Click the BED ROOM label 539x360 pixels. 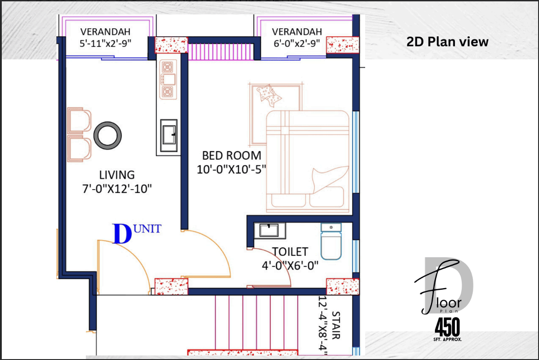pyautogui.click(x=232, y=156)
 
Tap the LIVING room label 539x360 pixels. pyautogui.click(x=117, y=175)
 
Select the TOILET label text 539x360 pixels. pyautogui.click(x=290, y=252)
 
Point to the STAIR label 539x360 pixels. pyautogui.click(x=336, y=325)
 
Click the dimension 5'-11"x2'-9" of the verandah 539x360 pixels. pyautogui.click(x=105, y=43)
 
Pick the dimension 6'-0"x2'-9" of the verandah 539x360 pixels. pyautogui.click(x=297, y=43)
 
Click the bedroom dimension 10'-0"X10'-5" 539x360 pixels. pyautogui.click(x=232, y=169)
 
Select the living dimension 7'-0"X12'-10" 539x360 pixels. pyautogui.click(x=117, y=189)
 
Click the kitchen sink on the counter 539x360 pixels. pyautogui.click(x=169, y=136)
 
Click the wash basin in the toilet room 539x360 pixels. pyautogui.click(x=270, y=230)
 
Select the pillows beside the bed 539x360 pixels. pyautogui.click(x=269, y=95)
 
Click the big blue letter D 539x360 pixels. pyautogui.click(x=122, y=234)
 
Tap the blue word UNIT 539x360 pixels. pyautogui.click(x=147, y=229)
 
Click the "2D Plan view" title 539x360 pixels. pyautogui.click(x=447, y=42)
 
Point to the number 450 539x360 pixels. pyautogui.click(x=447, y=327)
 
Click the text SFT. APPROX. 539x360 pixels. pyautogui.click(x=447, y=339)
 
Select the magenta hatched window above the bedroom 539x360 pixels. pyautogui.click(x=221, y=51)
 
